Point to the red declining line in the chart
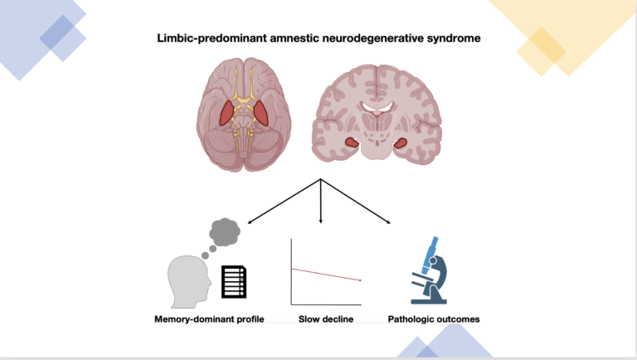tap(326, 275)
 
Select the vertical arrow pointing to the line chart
tap(321, 203)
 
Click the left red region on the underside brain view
tap(226, 113)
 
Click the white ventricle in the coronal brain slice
tap(379, 107)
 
